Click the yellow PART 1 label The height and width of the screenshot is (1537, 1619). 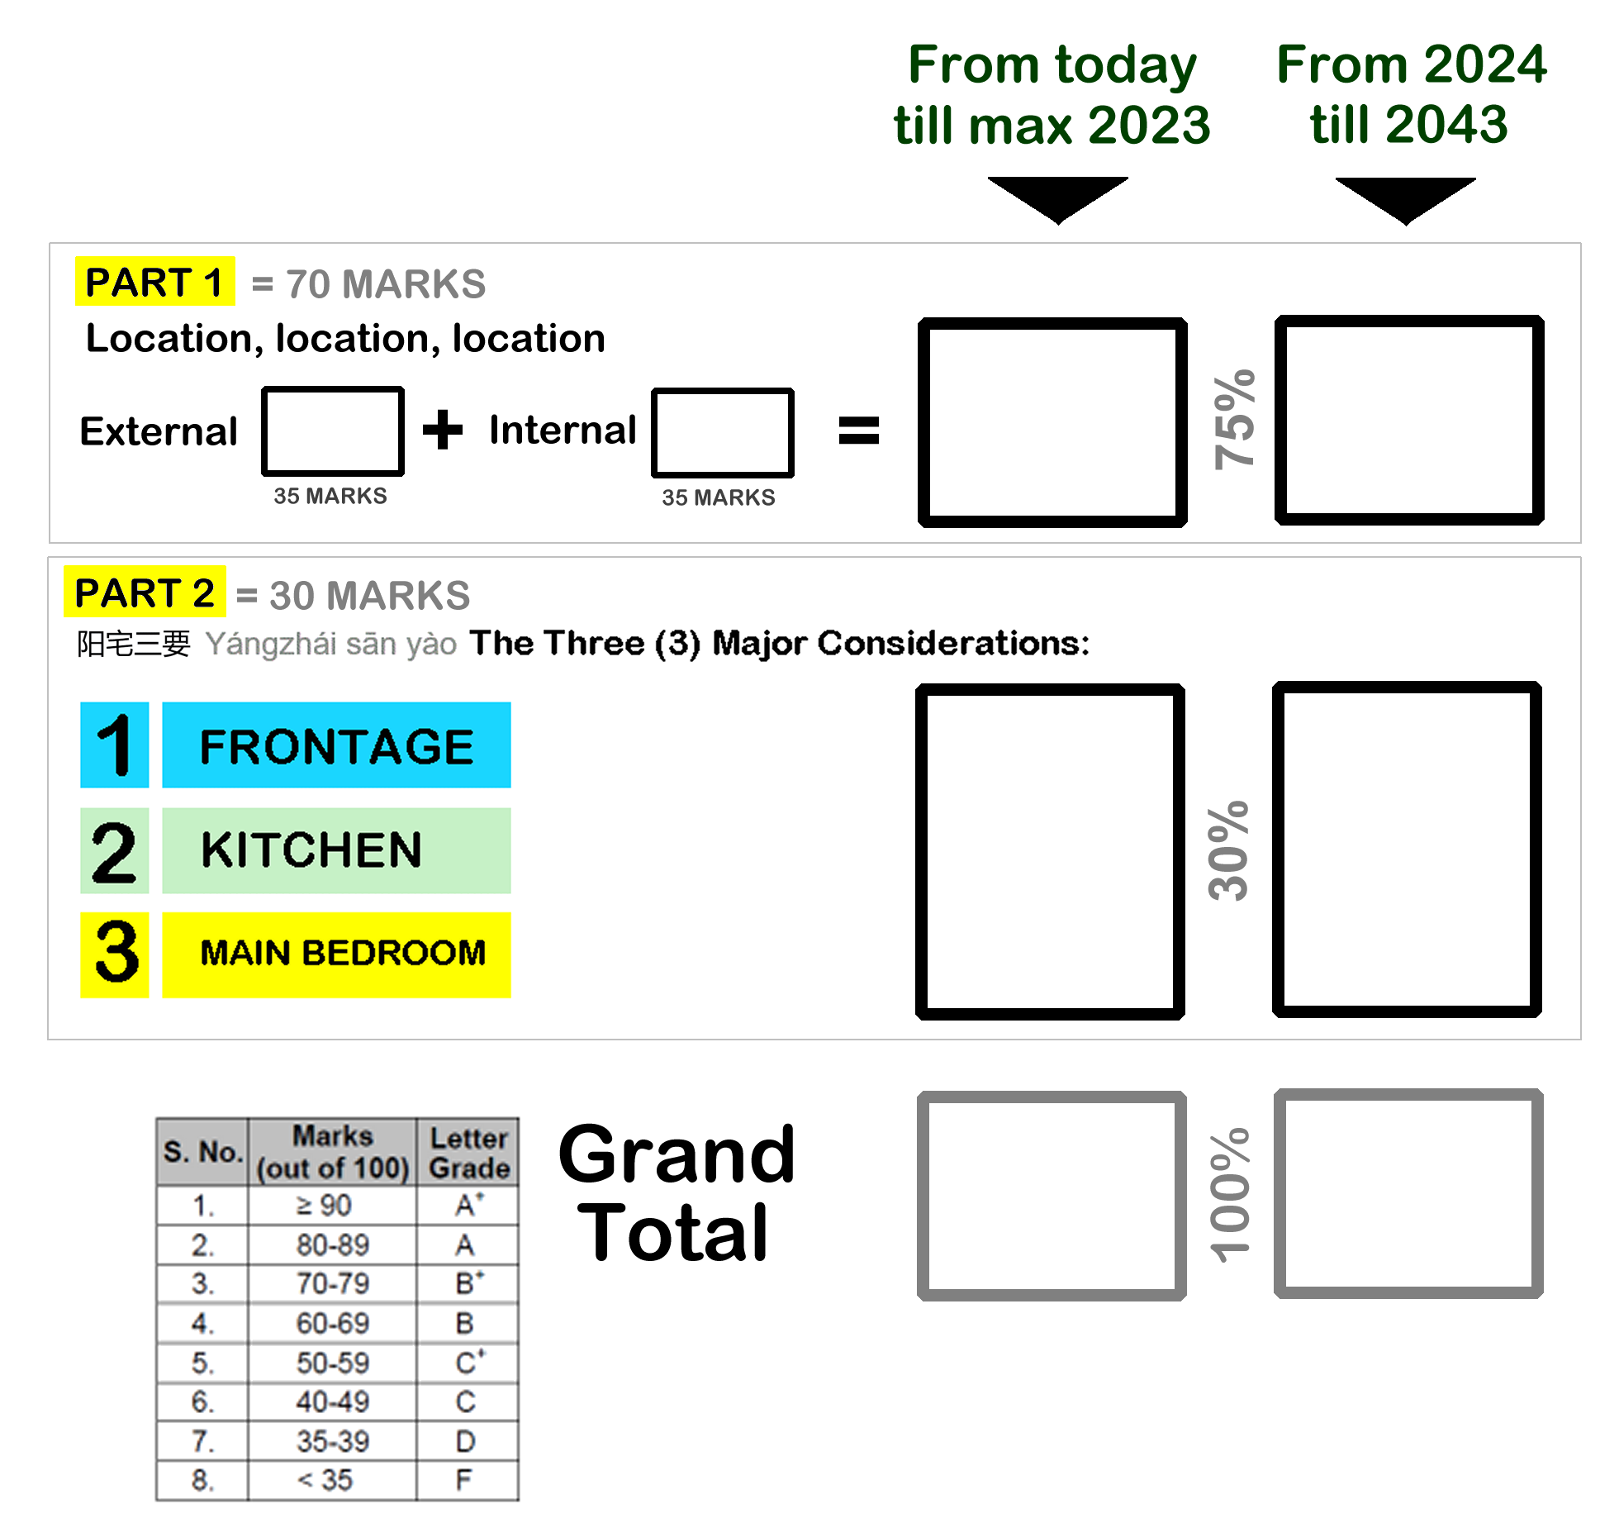(x=154, y=282)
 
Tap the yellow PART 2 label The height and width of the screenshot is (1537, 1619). (x=145, y=592)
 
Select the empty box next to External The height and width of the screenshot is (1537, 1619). (x=333, y=431)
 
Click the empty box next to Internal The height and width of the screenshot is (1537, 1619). (x=723, y=433)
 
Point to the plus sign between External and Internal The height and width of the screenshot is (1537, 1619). (x=443, y=430)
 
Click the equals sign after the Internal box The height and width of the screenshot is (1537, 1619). (x=859, y=431)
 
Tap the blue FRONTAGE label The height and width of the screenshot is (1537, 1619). (x=336, y=745)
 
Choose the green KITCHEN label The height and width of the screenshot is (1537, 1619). (x=336, y=850)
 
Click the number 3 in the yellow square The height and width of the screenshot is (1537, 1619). (x=116, y=954)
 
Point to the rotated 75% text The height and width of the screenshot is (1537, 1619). (x=1234, y=420)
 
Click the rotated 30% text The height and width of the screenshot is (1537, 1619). (x=1229, y=850)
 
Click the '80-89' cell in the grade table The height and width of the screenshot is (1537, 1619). (x=333, y=1244)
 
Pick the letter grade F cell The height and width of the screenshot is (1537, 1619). (x=466, y=1480)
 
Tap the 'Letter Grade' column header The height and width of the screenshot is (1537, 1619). (x=468, y=1153)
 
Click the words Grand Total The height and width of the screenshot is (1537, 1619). (x=677, y=1193)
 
